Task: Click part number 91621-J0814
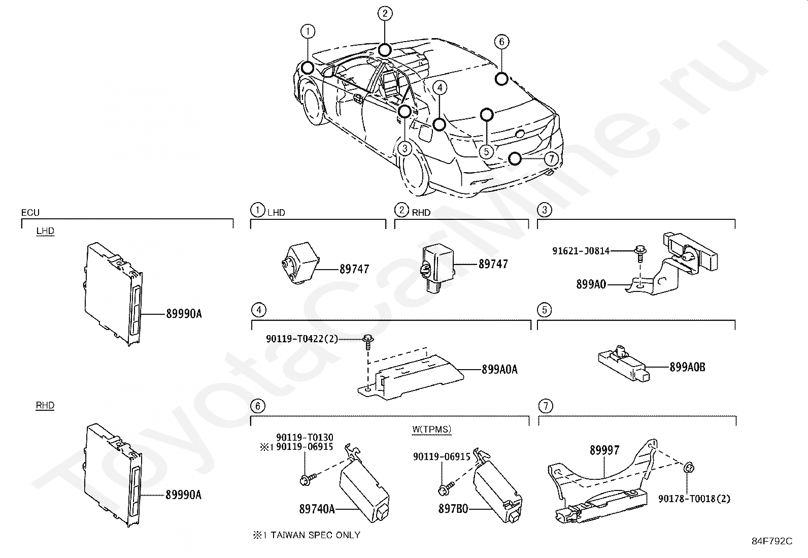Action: (581, 251)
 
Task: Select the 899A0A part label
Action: (499, 370)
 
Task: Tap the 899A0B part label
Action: (687, 367)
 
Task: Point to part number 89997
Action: (604, 450)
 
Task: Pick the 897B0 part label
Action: (453, 508)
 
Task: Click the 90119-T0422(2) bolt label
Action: (302, 339)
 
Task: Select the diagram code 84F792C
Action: (771, 541)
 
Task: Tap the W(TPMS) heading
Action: (431, 430)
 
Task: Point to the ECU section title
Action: (30, 213)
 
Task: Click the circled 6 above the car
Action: (501, 42)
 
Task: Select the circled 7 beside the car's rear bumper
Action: (551, 159)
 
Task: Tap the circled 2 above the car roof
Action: (385, 13)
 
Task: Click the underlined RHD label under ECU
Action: (45, 406)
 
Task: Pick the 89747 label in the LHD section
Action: (354, 269)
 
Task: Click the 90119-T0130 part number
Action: (305, 438)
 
